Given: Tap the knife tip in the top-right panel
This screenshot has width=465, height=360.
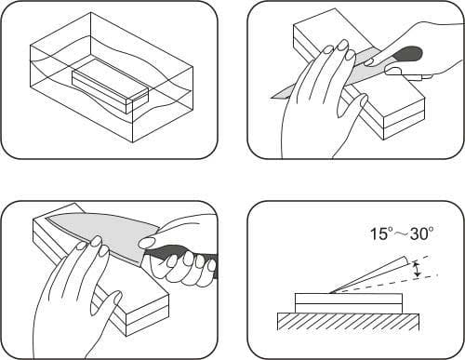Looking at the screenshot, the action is click(272, 98).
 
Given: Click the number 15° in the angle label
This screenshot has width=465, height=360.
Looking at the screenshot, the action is click(382, 233).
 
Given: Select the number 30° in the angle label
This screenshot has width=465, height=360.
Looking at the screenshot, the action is click(421, 233).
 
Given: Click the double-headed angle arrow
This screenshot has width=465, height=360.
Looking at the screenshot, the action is click(418, 269).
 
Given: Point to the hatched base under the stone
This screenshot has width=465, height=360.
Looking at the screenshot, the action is click(349, 322).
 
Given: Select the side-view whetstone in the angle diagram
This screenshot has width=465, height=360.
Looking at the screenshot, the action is click(349, 303).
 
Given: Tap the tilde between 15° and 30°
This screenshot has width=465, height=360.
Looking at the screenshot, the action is click(402, 234).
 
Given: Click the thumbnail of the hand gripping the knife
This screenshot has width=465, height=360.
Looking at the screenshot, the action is click(393, 72).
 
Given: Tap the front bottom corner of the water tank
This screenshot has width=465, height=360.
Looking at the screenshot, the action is click(133, 142).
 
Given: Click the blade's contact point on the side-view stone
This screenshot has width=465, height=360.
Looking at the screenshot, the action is click(330, 293).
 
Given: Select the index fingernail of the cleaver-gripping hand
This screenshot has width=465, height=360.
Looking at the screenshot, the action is click(147, 242).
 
